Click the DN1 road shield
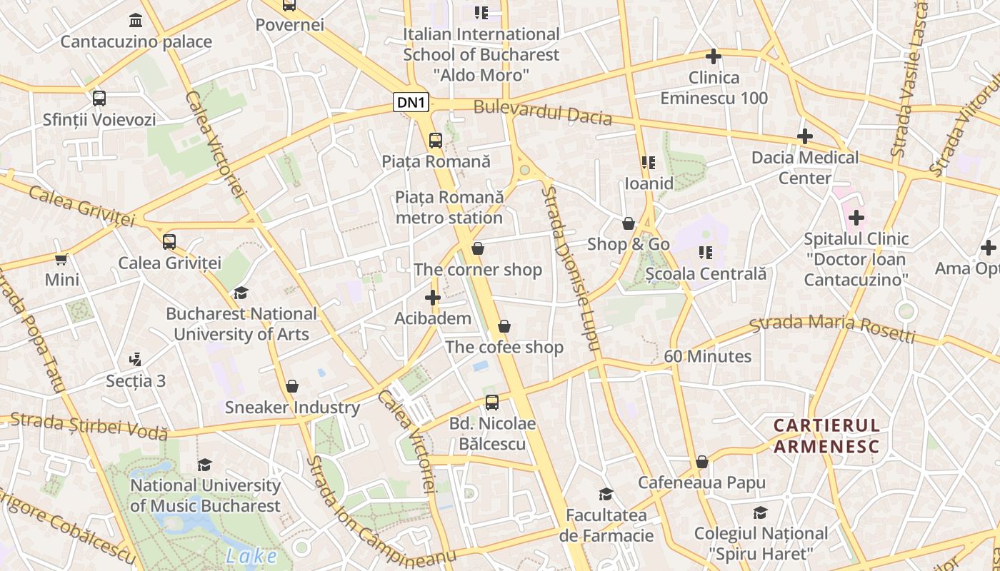coord(411,103)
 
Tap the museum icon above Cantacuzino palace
coord(136,20)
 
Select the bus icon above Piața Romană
coord(436,140)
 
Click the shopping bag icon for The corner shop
coord(478,248)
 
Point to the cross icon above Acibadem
coord(433,297)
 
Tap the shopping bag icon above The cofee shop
coord(504,326)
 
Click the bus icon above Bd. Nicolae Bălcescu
coord(492,402)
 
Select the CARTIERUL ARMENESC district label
coord(826,436)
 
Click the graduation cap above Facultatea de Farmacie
coord(606,494)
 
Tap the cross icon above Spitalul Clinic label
coord(856,218)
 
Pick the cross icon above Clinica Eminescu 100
coord(713,56)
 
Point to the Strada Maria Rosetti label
coord(832,327)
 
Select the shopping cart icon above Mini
coord(61,258)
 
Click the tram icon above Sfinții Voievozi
coord(99,98)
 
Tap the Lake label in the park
coord(251,556)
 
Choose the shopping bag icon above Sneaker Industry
coord(292,386)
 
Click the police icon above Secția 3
coord(136,359)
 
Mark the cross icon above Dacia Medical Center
coord(805,136)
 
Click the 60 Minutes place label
coord(707,356)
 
